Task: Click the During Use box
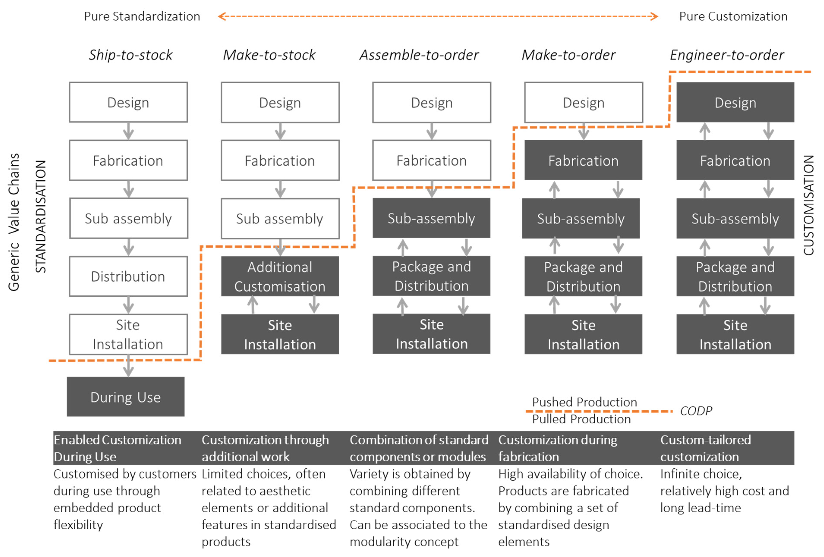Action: [126, 396]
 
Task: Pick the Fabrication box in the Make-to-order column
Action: [583, 160]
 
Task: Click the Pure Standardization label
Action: [142, 16]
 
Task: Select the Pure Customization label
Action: [733, 16]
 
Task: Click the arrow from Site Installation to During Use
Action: [128, 366]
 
